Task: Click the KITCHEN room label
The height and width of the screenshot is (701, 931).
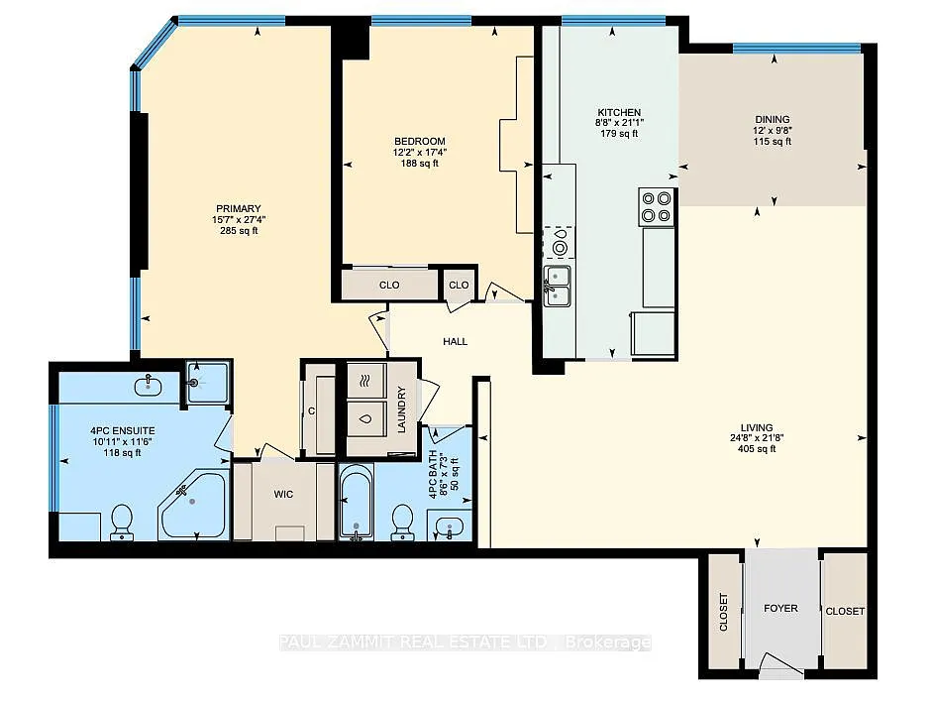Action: (619, 112)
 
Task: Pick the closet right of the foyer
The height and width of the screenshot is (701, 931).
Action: (845, 612)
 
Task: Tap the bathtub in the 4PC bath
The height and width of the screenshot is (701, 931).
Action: (356, 505)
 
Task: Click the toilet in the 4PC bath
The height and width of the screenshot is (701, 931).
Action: (402, 521)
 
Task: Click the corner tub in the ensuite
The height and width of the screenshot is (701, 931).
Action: (193, 506)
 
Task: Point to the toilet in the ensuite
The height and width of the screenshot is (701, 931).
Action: (122, 522)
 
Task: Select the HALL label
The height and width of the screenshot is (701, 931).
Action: (455, 342)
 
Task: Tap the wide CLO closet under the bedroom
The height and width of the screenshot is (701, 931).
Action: (389, 285)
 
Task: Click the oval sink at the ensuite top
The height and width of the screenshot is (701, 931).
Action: (152, 381)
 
